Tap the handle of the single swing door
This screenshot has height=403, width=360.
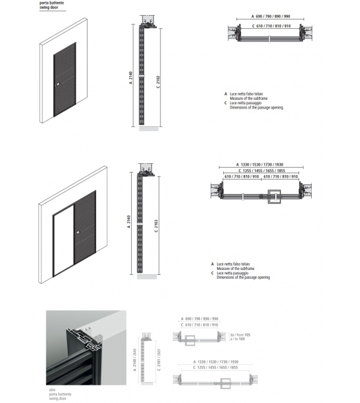pyautogui.click(x=56, y=84)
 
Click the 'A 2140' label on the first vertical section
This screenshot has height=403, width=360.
pyautogui.click(x=130, y=77)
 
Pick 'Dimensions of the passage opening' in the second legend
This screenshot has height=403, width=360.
pyautogui.click(x=243, y=277)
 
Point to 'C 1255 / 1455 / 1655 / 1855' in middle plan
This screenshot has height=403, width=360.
pyautogui.click(x=262, y=170)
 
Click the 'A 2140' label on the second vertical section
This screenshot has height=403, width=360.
pyautogui.click(x=129, y=221)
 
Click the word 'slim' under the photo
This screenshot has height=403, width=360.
pyautogui.click(x=52, y=390)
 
